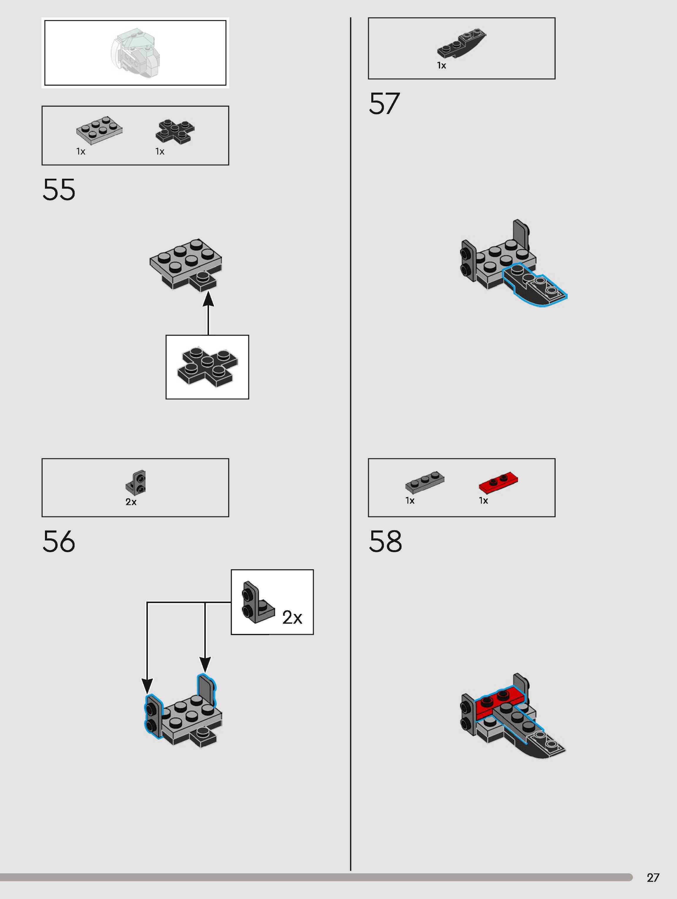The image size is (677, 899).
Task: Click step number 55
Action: [59, 190]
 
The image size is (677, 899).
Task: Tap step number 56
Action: [59, 541]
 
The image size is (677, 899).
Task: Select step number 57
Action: [384, 104]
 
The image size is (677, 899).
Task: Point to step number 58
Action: [385, 541]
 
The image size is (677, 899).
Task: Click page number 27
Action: [653, 878]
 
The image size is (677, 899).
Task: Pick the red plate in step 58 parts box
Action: [498, 482]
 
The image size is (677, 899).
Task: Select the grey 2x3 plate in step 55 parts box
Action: [99, 130]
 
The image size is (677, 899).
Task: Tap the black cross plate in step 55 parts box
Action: [175, 131]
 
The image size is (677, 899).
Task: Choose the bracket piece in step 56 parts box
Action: [136, 483]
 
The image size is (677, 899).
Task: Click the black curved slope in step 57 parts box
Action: [462, 44]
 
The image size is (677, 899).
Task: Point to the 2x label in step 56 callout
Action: [292, 618]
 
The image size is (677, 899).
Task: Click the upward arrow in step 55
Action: [208, 313]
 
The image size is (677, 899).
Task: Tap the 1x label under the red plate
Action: [483, 501]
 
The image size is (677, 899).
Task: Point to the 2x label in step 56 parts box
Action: [131, 502]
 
